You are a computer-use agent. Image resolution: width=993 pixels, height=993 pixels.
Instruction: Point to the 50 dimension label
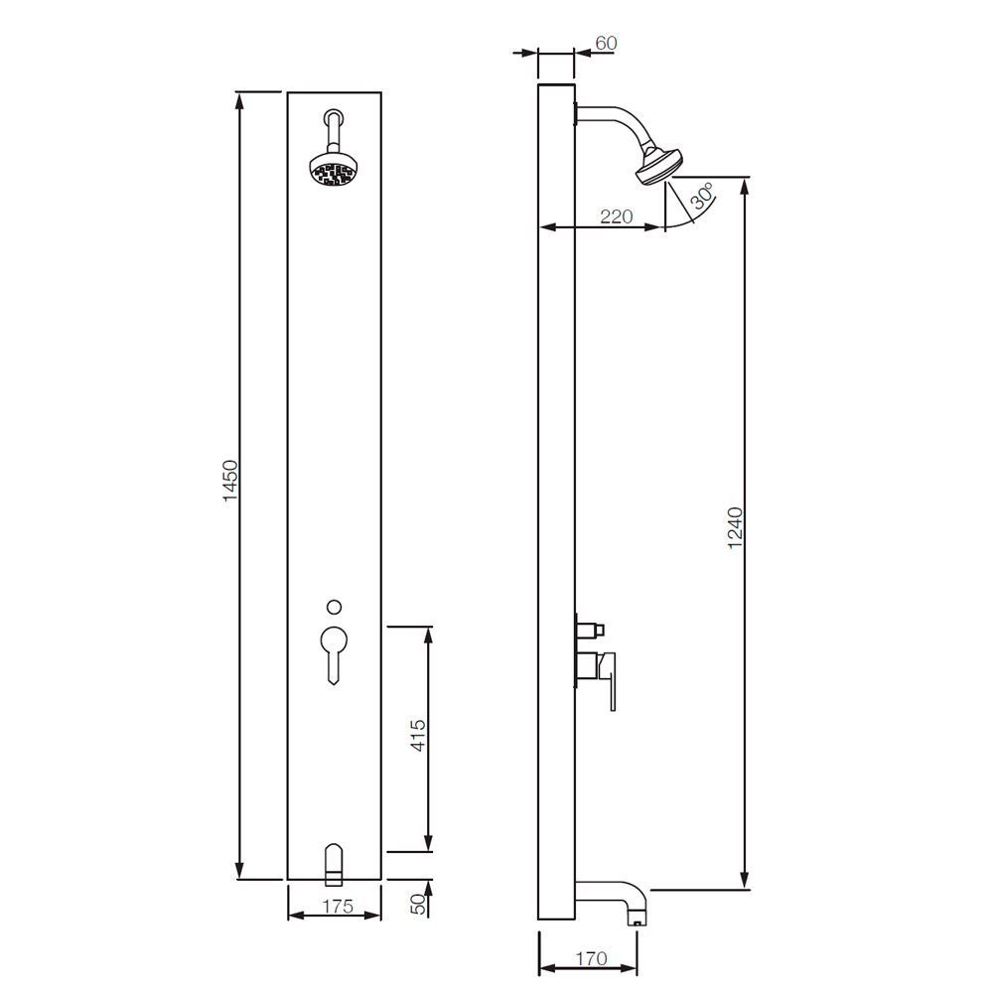pyautogui.click(x=418, y=903)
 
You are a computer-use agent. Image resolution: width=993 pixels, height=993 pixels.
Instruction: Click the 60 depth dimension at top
pyautogui.click(x=604, y=44)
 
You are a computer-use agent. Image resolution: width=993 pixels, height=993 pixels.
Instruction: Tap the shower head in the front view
pyautogui.click(x=333, y=171)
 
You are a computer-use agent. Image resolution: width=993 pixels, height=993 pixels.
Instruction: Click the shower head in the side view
pyautogui.click(x=656, y=164)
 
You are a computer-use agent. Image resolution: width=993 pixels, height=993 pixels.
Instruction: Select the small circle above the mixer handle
pyautogui.click(x=334, y=606)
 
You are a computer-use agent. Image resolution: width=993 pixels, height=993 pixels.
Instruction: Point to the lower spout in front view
pyautogui.click(x=334, y=862)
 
